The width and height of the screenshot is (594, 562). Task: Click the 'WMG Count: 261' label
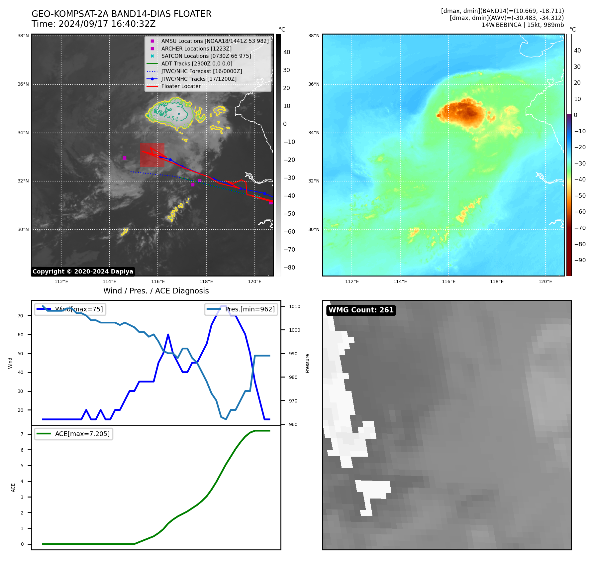pyautogui.click(x=361, y=310)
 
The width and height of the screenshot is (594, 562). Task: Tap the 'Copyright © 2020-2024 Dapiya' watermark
pyautogui.click(x=83, y=272)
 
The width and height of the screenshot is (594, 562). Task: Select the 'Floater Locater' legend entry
pyautogui.click(x=181, y=86)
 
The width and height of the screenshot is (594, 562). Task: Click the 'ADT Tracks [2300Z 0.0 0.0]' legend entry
pyautogui.click(x=197, y=64)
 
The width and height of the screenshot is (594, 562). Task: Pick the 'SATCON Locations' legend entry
pyautogui.click(x=206, y=56)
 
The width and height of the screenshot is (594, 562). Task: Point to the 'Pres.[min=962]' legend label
pyautogui.click(x=250, y=309)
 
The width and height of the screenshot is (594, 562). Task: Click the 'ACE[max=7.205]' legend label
pyautogui.click(x=82, y=434)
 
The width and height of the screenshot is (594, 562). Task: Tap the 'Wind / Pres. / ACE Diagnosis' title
pyautogui.click(x=156, y=291)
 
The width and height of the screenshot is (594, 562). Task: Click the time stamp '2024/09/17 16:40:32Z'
pyautogui.click(x=107, y=24)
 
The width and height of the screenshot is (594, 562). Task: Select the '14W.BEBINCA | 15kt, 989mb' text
pyautogui.click(x=523, y=25)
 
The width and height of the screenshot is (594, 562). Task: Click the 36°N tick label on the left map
pyautogui.click(x=23, y=84)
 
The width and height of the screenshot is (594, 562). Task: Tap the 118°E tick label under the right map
pyautogui.click(x=497, y=282)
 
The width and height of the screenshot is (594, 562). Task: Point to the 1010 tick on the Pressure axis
pyautogui.click(x=294, y=306)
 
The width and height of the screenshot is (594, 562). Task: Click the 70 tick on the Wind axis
pyautogui.click(x=21, y=316)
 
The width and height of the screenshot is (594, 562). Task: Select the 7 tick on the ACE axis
pyautogui.click(x=22, y=434)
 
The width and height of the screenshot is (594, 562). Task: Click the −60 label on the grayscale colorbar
pyautogui.click(x=289, y=232)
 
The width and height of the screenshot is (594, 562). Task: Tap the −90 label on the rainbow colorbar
pyautogui.click(x=580, y=260)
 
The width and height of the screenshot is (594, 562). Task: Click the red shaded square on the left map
pyautogui.click(x=152, y=155)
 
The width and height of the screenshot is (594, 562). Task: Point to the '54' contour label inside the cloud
pyautogui.click(x=174, y=118)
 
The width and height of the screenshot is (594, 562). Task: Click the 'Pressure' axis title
pyautogui.click(x=307, y=363)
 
